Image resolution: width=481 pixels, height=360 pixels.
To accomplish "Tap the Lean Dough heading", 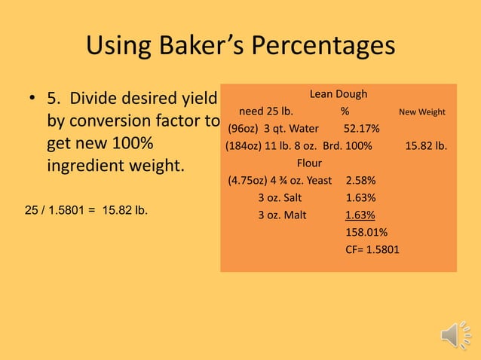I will tap(339, 94).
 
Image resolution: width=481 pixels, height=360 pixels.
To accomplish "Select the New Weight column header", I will tap(422, 112).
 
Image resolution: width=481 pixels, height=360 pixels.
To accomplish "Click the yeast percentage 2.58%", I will tap(360, 180).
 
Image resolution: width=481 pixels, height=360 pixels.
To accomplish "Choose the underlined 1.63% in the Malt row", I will tap(360, 215).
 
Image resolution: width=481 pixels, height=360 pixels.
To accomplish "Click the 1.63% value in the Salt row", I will tap(360, 197).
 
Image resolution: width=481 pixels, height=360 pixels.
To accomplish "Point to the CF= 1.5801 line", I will tap(372, 249).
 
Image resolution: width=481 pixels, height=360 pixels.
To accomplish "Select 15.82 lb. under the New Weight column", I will tap(426, 145).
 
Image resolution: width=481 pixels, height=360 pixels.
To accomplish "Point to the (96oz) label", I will tap(244, 128).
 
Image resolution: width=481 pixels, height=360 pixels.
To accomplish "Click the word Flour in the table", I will tap(309, 163).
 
